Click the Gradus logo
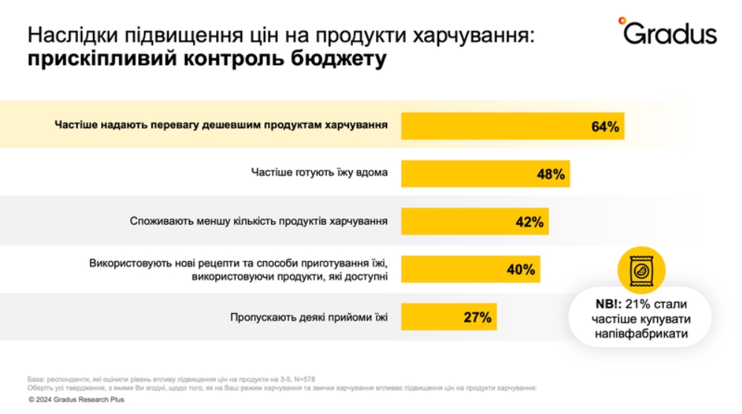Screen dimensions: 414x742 pos(666,33)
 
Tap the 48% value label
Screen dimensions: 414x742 pos(551,174)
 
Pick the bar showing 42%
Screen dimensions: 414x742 pos(475,222)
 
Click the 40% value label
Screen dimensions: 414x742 pos(521,269)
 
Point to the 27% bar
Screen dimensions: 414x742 pos(449,318)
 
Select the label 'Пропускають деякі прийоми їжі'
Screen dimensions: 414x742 pos(309,318)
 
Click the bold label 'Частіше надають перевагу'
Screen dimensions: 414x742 pos(221,125)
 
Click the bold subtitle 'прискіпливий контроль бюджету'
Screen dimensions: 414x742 pos(207,60)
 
